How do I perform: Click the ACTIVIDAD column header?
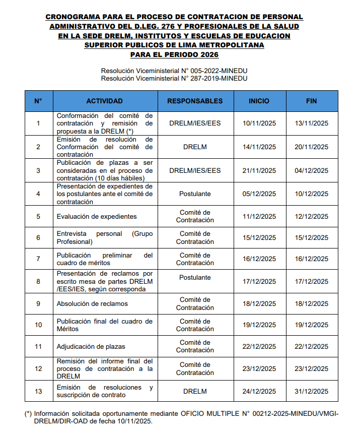[x=104, y=101]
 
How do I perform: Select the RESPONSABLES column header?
[x=195, y=101]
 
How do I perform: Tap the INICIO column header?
[x=259, y=101]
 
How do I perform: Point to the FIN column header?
[x=311, y=101]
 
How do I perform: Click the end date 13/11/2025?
[x=311, y=123]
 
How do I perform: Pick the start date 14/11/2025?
[x=259, y=147]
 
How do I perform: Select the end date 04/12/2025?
[x=311, y=170]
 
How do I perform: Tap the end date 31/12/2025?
[x=311, y=391]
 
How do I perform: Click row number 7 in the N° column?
[x=38, y=259]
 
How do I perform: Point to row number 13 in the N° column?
[x=38, y=391]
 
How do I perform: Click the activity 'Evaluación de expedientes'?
[x=97, y=216]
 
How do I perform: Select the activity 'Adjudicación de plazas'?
[x=91, y=346]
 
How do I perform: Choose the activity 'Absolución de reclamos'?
[x=92, y=303]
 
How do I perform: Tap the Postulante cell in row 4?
[x=195, y=194]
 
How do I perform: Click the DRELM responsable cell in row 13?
[x=195, y=391]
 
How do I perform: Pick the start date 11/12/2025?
[x=259, y=216]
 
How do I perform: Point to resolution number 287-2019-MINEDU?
[x=222, y=78]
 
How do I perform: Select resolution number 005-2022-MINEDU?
[x=222, y=71]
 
